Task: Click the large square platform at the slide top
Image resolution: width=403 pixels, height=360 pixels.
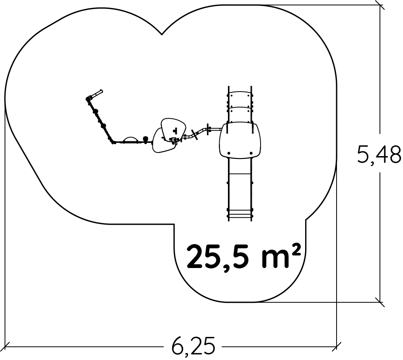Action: click(240, 140)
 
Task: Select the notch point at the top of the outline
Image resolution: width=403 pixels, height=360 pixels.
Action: click(162, 34)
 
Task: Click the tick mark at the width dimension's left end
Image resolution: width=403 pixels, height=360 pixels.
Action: click(5, 346)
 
